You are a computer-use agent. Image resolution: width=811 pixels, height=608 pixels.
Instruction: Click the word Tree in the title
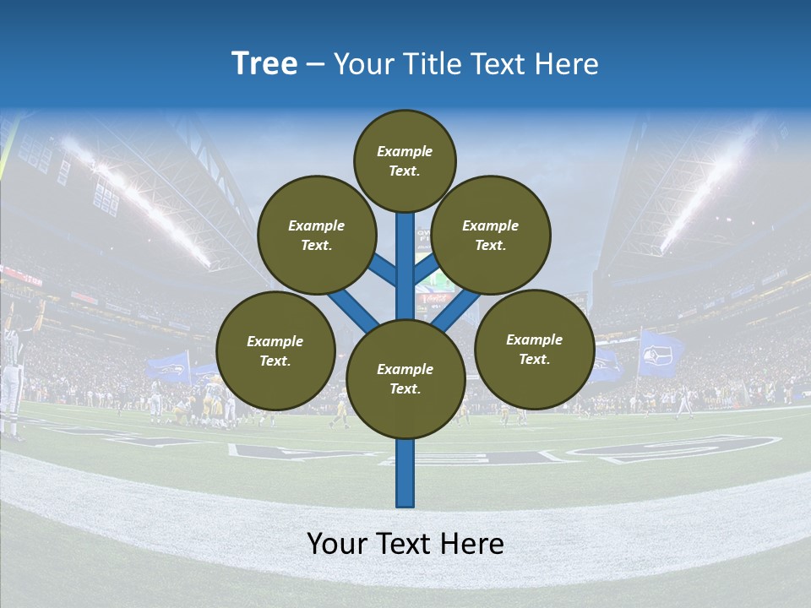(x=264, y=64)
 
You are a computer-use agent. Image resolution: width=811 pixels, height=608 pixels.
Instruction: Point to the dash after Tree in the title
(x=316, y=65)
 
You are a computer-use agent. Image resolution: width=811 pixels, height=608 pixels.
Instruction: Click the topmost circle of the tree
(x=405, y=160)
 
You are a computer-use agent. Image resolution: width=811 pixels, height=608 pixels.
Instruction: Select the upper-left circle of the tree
(x=317, y=236)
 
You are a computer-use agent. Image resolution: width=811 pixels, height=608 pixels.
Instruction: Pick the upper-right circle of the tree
(x=491, y=236)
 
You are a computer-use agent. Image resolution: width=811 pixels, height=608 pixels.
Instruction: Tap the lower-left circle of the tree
(x=275, y=350)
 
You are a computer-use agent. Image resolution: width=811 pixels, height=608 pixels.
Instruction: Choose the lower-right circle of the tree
(x=535, y=349)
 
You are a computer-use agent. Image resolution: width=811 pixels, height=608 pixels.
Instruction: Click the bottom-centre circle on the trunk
(x=405, y=379)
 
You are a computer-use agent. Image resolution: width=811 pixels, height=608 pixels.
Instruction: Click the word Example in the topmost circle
(x=405, y=152)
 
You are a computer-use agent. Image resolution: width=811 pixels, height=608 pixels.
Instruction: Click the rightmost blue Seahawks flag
(x=660, y=354)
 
